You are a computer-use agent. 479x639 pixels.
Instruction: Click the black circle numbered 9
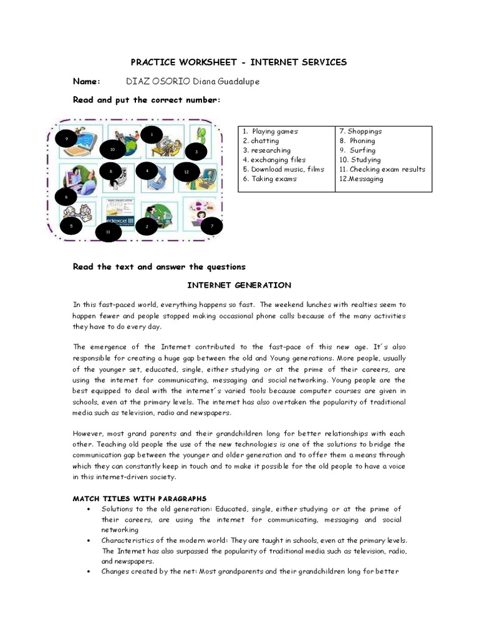pyautogui.click(x=65, y=139)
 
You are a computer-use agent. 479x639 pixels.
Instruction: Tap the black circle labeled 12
pyautogui.click(x=186, y=171)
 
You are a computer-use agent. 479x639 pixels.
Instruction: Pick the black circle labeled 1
pyautogui.click(x=151, y=134)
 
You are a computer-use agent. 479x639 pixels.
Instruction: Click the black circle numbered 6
pyautogui.click(x=66, y=198)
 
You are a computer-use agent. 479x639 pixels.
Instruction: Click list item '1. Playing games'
pyautogui.click(x=271, y=132)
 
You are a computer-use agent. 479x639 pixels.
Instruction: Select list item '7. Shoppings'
pyautogui.click(x=360, y=132)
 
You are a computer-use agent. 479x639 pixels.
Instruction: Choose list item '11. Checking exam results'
pyautogui.click(x=382, y=169)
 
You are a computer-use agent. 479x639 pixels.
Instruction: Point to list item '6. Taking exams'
pyautogui.click(x=270, y=179)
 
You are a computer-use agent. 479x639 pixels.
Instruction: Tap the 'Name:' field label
pyautogui.click(x=87, y=82)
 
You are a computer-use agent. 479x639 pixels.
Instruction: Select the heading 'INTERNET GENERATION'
pyautogui.click(x=239, y=285)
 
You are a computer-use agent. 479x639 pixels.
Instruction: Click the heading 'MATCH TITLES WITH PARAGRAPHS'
pyautogui.click(x=139, y=499)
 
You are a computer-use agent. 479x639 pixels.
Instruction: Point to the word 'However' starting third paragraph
pyautogui.click(x=87, y=434)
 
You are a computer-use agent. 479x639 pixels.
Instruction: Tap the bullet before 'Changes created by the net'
pyautogui.click(x=92, y=572)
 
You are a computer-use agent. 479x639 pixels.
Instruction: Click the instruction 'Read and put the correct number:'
pyautogui.click(x=147, y=100)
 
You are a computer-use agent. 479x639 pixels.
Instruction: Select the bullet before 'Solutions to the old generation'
pyautogui.click(x=92, y=509)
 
